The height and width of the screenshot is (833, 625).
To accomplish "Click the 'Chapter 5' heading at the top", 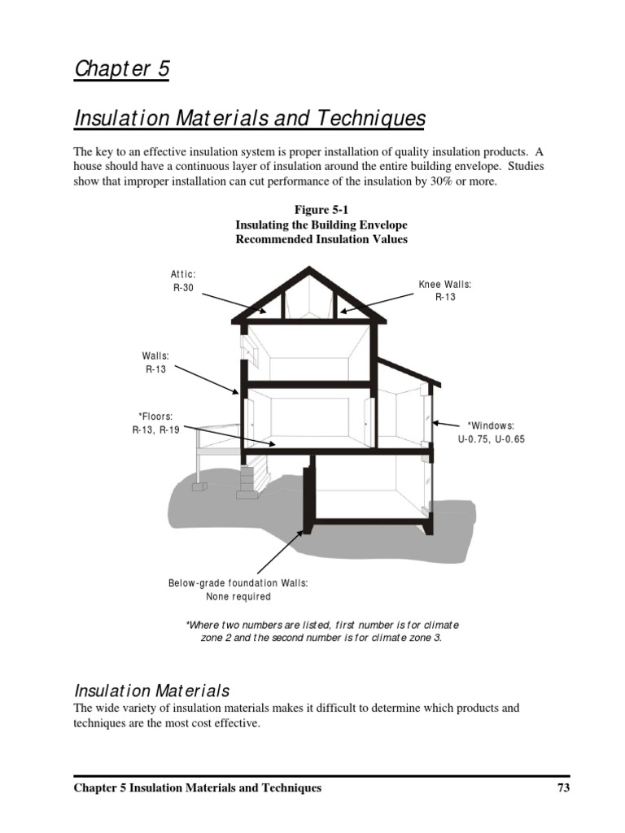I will [122, 69].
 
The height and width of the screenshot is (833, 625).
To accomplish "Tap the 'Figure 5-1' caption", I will [321, 210].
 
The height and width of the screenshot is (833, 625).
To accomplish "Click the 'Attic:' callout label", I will [183, 275].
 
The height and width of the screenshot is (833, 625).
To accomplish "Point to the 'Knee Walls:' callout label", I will [445, 284].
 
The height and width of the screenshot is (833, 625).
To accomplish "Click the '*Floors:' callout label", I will [155, 416].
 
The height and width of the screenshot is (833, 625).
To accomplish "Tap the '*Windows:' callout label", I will [491, 425].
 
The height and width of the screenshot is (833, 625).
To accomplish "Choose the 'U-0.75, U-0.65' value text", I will [491, 438].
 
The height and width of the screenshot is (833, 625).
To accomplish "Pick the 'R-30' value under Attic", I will [183, 288].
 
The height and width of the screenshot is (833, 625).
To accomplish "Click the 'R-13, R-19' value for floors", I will [155, 430].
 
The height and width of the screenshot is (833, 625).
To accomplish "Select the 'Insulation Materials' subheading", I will [152, 691].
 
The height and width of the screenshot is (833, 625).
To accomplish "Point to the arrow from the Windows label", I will [446, 423].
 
